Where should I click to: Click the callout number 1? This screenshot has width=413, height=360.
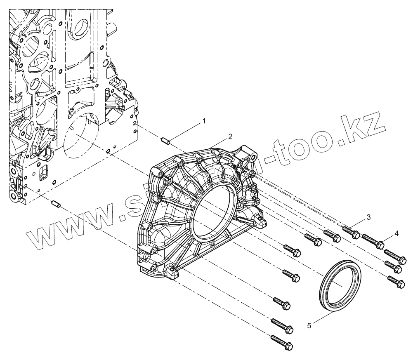click(x=203, y=120)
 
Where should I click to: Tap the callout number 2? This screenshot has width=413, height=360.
click(x=230, y=136)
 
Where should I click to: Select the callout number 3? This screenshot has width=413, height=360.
click(x=369, y=217)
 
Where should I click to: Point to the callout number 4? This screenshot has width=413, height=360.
click(x=396, y=233)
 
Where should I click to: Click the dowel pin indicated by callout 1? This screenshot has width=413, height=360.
click(x=166, y=141)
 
